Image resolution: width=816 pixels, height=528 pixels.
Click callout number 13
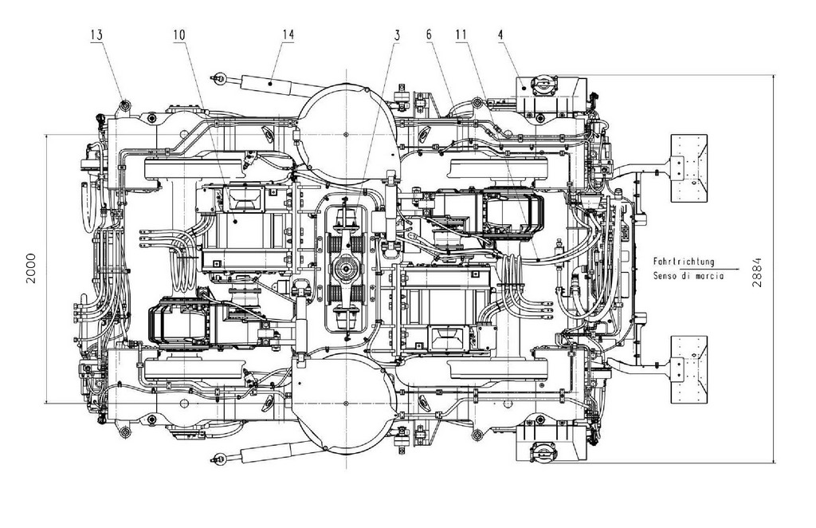coord(96,35)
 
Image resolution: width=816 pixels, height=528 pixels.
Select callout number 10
coord(179,35)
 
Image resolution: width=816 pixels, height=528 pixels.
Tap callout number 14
coord(288,34)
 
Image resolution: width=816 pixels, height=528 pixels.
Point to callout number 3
coord(397,35)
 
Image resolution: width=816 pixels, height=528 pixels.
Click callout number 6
coord(429,35)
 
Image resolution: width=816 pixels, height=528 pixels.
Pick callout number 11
coord(461,35)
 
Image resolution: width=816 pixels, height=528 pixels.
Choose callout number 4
coord(500,35)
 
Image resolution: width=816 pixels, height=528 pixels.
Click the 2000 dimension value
coord(31,268)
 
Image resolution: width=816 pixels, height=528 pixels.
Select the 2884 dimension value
coord(757,272)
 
